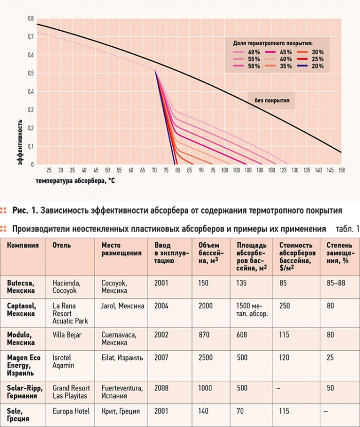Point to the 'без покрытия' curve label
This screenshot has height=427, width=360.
pos(272,101)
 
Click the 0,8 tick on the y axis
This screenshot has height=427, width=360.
pos(31,19)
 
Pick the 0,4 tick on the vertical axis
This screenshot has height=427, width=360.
pos(31,92)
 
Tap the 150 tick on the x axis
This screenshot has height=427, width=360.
pos(341,170)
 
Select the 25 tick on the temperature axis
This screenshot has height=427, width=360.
pos(49,170)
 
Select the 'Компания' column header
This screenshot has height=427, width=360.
pos(23,245)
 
